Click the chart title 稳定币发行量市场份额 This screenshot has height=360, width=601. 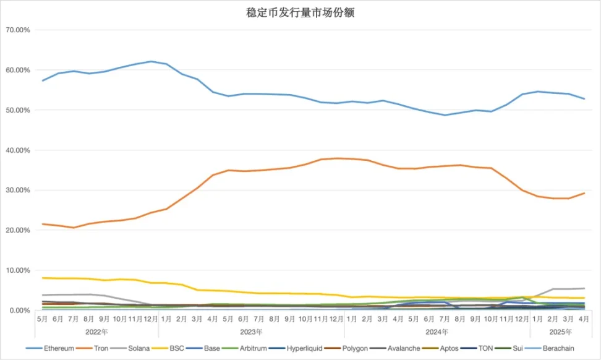(300, 12)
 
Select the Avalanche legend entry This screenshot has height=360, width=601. (403, 348)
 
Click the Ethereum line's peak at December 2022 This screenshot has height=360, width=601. (151, 61)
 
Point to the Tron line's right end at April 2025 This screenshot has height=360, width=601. (584, 193)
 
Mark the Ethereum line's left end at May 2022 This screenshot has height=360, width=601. (42, 80)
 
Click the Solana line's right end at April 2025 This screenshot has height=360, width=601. (584, 288)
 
